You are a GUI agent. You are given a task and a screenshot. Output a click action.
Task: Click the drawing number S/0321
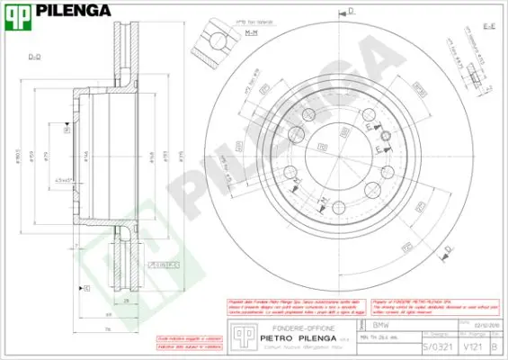[432, 346]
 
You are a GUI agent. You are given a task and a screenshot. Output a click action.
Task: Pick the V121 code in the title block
[469, 346]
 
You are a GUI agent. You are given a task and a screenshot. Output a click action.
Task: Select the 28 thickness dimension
[127, 301]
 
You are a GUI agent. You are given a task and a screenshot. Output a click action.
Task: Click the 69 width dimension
[108, 315]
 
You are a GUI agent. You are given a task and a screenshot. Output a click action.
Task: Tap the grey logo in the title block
[237, 335]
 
